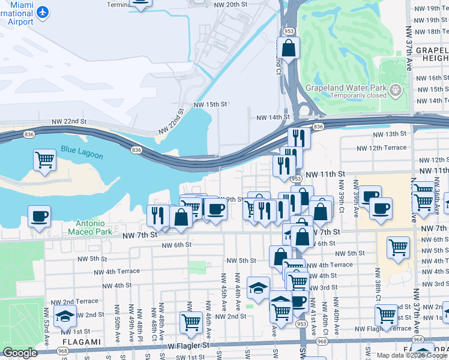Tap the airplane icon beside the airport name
[43, 11]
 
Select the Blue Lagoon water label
[82, 153]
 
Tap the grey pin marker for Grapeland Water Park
[395, 91]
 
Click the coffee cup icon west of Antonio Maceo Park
[39, 216]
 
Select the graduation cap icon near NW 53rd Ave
[65, 316]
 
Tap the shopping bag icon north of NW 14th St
[288, 47]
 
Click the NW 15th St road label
[210, 104]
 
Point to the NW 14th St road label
[273, 118]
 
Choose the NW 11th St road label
[325, 173]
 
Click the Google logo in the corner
[19, 353]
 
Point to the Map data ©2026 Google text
[411, 355]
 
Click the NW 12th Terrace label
[381, 148]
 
